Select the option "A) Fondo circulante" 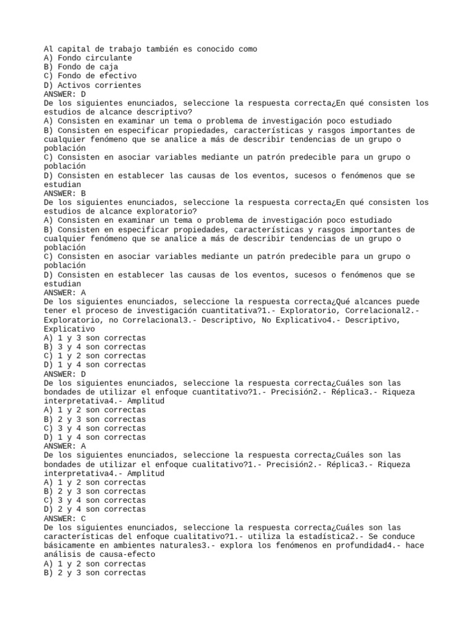pos(88,58)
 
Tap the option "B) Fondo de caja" pos(81,67)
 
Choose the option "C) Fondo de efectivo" pos(91,76)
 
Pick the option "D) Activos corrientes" pos(92,85)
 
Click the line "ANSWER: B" pos(65,193)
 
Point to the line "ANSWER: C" pos(65,518)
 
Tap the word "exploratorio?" pos(169,211)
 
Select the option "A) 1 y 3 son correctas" pos(95,338)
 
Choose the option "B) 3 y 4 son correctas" pos(95,346)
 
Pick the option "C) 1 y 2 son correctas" pos(95,356)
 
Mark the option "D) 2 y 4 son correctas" pos(95,509)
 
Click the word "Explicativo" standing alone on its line pos(70,329)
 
